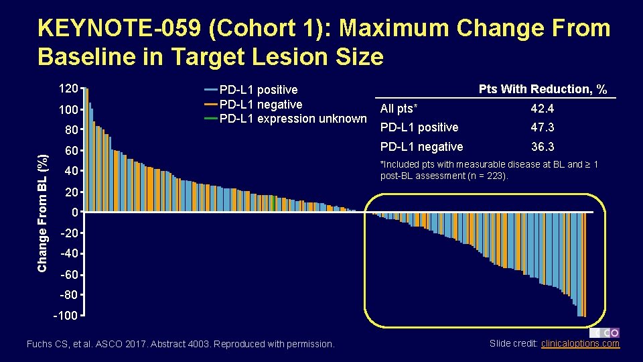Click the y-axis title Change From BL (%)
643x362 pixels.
(43, 213)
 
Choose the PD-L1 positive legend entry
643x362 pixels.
(258, 90)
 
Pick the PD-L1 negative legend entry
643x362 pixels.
(261, 105)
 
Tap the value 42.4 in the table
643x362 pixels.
(542, 109)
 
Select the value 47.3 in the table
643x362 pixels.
(542, 127)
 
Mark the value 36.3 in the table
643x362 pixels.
(542, 147)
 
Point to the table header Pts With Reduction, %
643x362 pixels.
(543, 89)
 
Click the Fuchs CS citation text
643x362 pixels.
(180, 344)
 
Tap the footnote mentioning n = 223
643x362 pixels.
(489, 170)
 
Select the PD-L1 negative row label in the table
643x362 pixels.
(421, 147)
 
